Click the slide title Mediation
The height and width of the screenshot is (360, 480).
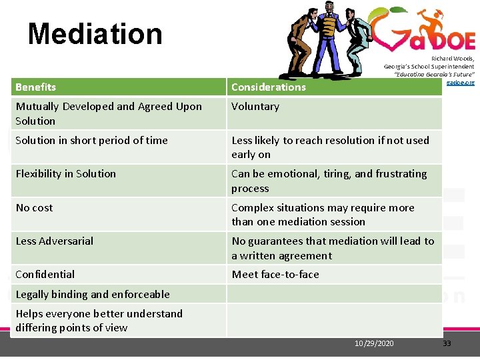pyautogui.click(x=95, y=33)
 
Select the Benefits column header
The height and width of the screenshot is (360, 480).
pyautogui.click(x=36, y=87)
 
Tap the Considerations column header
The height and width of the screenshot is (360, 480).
pyautogui.click(x=268, y=87)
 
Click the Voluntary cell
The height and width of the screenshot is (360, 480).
pyautogui.click(x=255, y=107)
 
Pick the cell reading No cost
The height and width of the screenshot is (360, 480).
pyautogui.click(x=34, y=208)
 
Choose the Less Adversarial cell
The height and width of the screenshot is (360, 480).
pyautogui.click(x=55, y=241)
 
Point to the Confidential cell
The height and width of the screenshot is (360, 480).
pyautogui.click(x=45, y=275)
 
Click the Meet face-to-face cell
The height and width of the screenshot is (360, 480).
pyautogui.click(x=275, y=275)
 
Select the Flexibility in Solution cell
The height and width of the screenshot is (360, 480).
pyautogui.click(x=65, y=174)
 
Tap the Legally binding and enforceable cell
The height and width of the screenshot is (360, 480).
pyautogui.click(x=93, y=295)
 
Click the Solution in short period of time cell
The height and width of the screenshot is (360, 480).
pyautogui.click(x=91, y=141)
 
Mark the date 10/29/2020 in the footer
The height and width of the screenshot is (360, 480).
pyautogui.click(x=374, y=343)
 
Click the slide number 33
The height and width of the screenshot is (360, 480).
pyautogui.click(x=447, y=343)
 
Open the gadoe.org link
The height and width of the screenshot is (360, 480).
pyautogui.click(x=460, y=82)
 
